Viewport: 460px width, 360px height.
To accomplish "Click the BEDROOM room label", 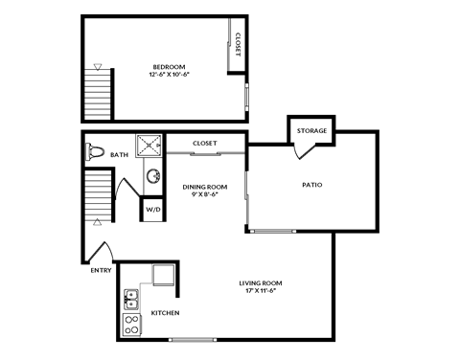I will (x=168, y=67).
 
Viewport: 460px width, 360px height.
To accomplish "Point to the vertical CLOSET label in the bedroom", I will (x=237, y=44).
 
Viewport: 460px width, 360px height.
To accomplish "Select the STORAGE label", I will (x=311, y=130).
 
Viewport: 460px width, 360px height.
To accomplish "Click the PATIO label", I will (x=311, y=184).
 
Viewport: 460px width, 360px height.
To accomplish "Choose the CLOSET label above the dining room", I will (x=205, y=143).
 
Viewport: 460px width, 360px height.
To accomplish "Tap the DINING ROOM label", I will (x=201, y=186).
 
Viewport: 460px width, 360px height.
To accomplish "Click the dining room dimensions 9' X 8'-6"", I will (x=201, y=194).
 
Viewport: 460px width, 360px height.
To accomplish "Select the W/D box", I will (x=153, y=209).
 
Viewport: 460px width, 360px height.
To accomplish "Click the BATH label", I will (x=119, y=154).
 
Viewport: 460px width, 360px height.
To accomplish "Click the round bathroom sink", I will (x=152, y=177).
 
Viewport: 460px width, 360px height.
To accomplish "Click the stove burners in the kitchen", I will (x=131, y=326).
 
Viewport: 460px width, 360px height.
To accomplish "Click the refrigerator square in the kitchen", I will (x=164, y=275).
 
